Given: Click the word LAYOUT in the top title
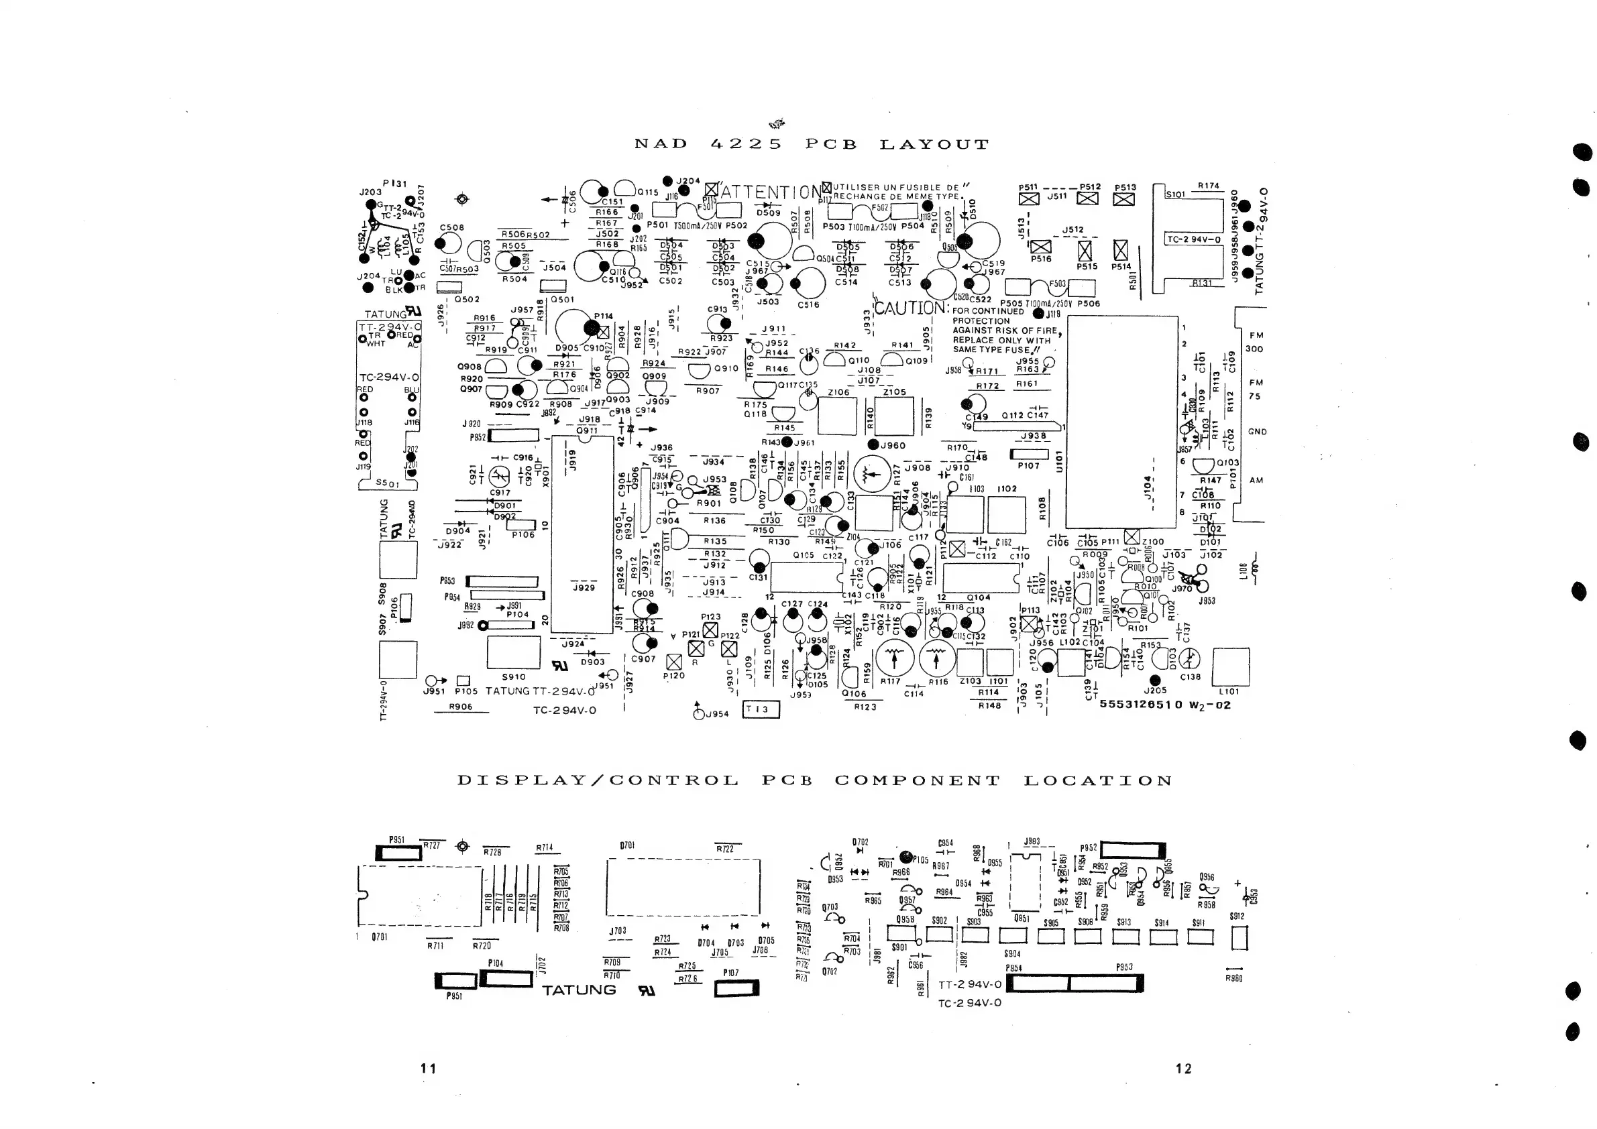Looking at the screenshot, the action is click(x=934, y=145).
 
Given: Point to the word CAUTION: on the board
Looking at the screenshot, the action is click(x=911, y=307).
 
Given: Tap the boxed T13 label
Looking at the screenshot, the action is click(x=761, y=709).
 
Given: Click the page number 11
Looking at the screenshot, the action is click(x=428, y=1069).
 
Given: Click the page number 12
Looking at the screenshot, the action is click(x=1183, y=1069).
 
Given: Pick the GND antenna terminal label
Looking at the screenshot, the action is click(x=1257, y=432).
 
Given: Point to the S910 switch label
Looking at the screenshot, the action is click(x=513, y=676).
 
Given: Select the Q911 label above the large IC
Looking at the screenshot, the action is click(x=587, y=430).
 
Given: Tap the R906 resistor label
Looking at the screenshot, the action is click(x=461, y=707).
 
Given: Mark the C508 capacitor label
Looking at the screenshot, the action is click(x=451, y=227).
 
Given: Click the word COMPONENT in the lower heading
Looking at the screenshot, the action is click(x=918, y=780).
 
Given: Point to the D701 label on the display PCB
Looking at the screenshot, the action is click(x=626, y=846).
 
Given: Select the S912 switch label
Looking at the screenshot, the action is click(x=1236, y=916).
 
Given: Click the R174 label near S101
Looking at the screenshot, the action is click(x=1208, y=186).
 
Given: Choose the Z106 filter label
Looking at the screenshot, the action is click(x=838, y=392).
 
